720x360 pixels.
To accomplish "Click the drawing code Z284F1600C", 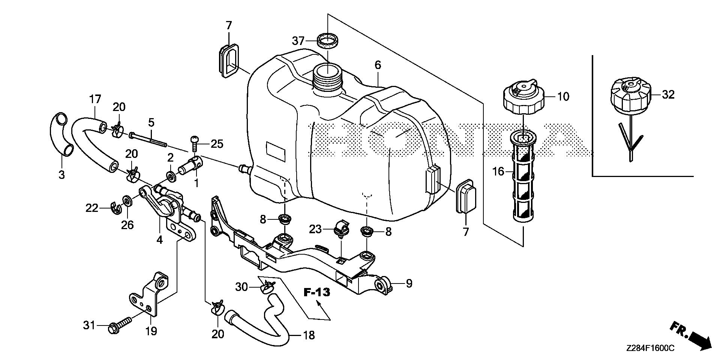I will click(650, 348).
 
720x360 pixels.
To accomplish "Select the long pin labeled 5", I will click(148, 138).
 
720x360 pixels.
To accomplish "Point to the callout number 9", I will click(409, 283).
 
